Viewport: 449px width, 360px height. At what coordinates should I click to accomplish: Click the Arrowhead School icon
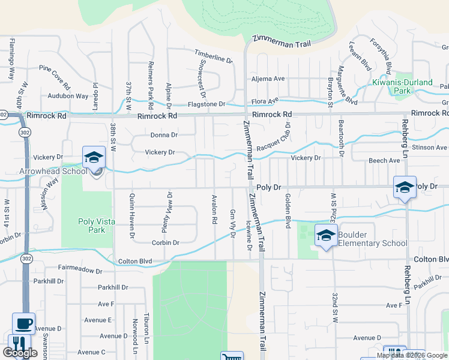pos(94,157)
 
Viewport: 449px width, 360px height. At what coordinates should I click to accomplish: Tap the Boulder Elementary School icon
pos(326,235)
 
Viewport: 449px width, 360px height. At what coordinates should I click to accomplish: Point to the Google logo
pos(20,353)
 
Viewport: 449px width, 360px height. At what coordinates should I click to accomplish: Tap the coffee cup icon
pos(23,324)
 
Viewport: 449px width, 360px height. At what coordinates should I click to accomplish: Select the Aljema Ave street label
pos(268,79)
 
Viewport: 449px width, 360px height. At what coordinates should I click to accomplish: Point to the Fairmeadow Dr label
pos(80,271)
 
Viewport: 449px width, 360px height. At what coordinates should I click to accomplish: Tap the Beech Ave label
pos(384,161)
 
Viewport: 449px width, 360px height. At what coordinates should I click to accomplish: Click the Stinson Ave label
pos(430,147)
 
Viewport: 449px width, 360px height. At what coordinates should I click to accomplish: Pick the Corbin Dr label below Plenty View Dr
pos(166,243)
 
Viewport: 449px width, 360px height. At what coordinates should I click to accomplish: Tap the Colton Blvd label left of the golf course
pos(135,261)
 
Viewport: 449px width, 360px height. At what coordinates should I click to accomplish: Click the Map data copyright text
pos(412,355)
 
